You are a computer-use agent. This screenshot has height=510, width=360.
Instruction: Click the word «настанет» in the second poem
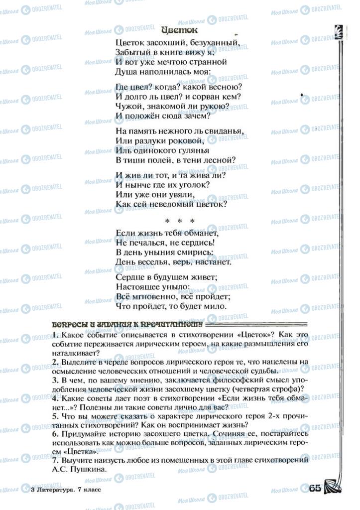tap(212, 261)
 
